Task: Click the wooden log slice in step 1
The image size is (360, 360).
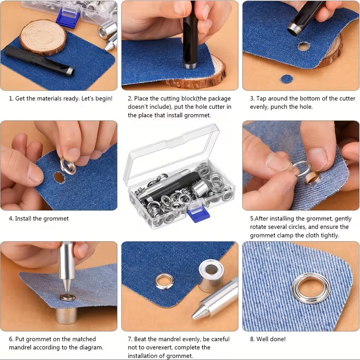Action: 43,37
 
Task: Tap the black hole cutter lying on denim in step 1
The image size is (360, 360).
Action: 39,61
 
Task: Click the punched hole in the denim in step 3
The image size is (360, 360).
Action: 303,47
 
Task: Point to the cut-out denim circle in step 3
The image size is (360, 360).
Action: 287,79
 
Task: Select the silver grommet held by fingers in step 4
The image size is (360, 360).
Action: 68,166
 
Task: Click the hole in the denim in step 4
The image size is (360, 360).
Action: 59,177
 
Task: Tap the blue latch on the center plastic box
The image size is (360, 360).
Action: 198,213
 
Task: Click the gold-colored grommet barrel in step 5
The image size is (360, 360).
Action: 312,177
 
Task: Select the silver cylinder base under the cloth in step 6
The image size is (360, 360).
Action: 66,315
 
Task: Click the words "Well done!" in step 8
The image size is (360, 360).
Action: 271,339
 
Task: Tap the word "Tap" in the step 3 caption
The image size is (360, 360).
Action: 261,99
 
